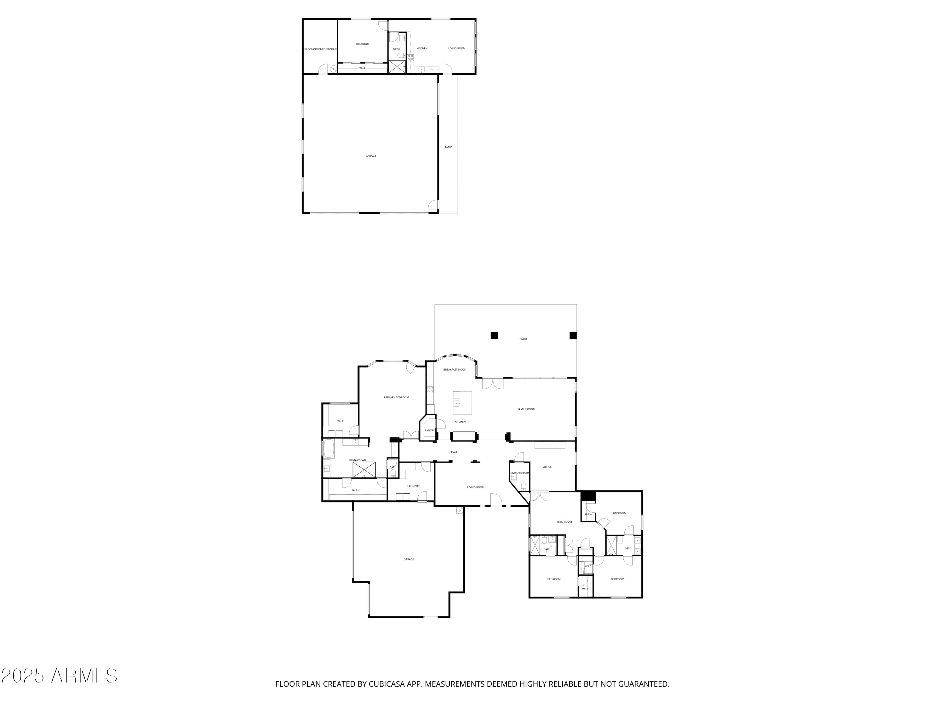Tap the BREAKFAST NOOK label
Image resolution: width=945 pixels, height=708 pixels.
(x=455, y=370)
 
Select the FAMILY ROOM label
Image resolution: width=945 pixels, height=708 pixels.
(x=526, y=409)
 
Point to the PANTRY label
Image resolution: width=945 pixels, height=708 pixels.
(x=429, y=430)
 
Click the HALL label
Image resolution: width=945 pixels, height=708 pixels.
(x=454, y=452)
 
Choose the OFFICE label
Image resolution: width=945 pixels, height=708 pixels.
(x=547, y=467)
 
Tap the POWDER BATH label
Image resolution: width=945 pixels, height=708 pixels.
(x=519, y=473)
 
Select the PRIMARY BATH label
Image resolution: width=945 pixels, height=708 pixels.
(x=358, y=460)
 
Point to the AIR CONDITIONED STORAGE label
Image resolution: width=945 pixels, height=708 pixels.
(x=320, y=49)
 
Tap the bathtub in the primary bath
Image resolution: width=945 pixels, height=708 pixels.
(x=329, y=449)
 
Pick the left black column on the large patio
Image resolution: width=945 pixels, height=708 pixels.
(x=494, y=335)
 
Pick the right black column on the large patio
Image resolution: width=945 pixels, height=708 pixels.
(x=573, y=335)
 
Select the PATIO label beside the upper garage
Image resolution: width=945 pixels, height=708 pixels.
(x=448, y=147)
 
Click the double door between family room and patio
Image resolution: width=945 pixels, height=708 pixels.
(x=493, y=383)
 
